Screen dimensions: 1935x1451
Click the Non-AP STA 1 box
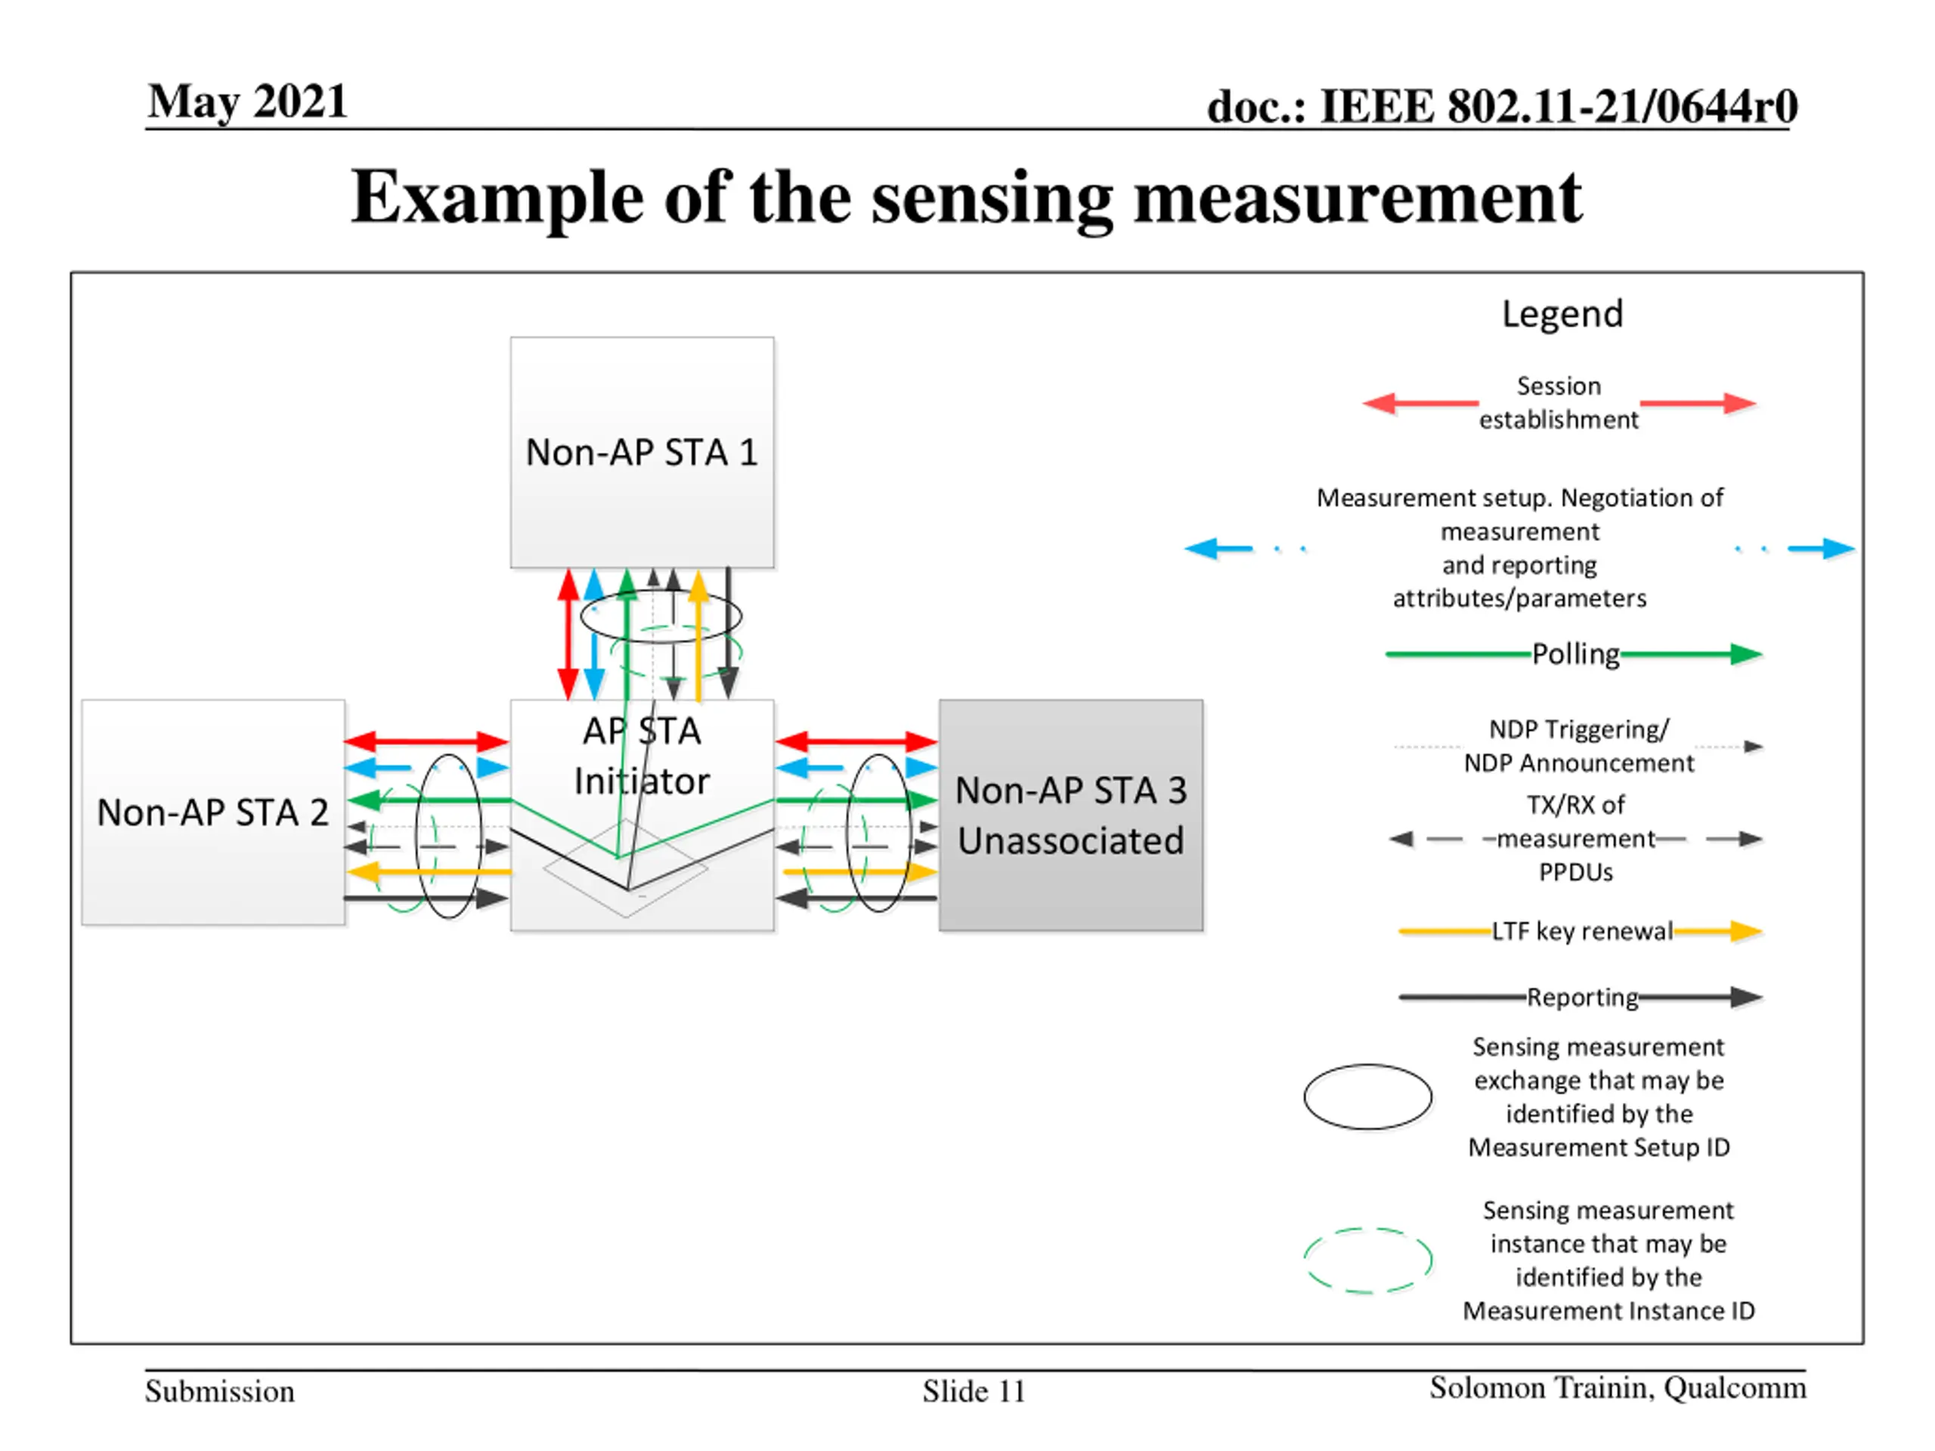click(x=642, y=452)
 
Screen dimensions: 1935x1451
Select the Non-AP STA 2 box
click(x=213, y=812)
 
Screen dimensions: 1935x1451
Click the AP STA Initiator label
click(x=642, y=756)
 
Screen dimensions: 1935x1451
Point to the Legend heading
click(x=1562, y=314)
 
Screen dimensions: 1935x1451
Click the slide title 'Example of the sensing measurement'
click(x=967, y=198)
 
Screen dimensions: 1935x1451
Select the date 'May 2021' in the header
click(x=248, y=101)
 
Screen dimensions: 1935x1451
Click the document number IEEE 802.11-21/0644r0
click(x=1502, y=106)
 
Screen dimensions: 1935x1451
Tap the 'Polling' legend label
click(x=1575, y=654)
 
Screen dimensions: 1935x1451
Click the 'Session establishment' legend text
click(x=1559, y=402)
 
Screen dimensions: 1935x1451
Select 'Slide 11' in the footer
click(x=974, y=1391)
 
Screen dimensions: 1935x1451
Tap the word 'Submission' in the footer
click(x=219, y=1391)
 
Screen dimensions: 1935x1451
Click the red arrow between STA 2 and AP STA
click(x=426, y=741)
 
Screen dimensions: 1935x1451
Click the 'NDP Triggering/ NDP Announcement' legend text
click(x=1579, y=746)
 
